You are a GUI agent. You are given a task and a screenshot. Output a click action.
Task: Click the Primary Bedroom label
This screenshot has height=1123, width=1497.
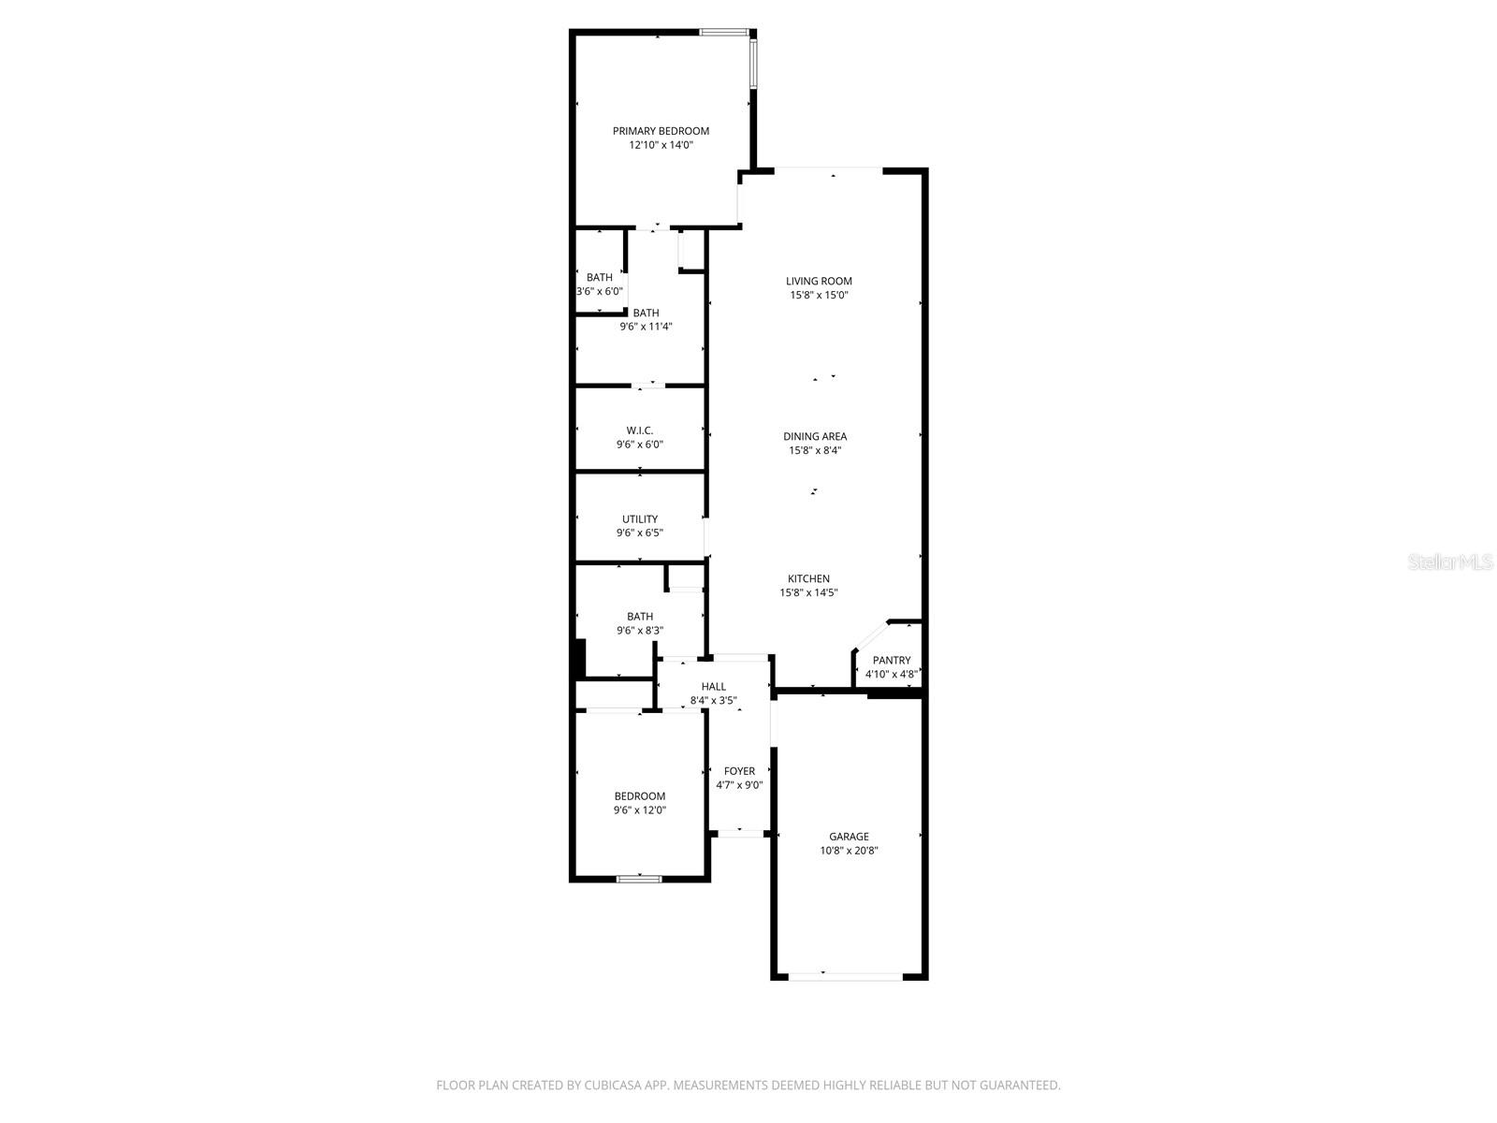point(661,131)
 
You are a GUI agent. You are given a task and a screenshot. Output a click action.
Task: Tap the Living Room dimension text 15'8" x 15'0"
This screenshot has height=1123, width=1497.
point(820,295)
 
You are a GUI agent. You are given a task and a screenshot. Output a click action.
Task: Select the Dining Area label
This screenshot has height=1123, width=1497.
point(815,436)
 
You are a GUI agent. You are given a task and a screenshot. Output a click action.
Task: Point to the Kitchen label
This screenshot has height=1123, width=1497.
point(808,578)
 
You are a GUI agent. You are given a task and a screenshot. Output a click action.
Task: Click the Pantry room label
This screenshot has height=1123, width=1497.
point(891,660)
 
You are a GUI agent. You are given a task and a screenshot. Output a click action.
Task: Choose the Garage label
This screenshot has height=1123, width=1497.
point(849,837)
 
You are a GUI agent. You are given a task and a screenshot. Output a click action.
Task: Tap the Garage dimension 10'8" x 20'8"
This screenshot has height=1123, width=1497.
point(849,851)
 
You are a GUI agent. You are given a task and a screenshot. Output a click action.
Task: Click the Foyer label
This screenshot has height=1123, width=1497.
point(739,771)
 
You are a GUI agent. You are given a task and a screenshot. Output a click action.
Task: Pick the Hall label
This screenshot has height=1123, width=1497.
point(714,686)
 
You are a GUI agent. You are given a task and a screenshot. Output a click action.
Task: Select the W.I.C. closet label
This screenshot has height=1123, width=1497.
point(640,430)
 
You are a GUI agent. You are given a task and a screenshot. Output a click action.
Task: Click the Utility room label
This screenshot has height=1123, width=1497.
point(640,518)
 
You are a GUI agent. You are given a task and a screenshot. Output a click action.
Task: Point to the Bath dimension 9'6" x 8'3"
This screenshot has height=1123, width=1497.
point(640,631)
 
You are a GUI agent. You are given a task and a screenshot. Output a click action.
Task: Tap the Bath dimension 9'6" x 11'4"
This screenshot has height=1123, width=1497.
point(646,327)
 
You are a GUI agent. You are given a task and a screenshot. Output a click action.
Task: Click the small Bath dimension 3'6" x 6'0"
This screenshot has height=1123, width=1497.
point(600,291)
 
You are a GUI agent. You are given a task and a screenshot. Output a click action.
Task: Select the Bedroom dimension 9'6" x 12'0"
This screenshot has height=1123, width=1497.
point(640,810)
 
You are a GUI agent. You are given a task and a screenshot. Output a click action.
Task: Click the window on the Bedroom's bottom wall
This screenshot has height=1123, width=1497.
point(639,879)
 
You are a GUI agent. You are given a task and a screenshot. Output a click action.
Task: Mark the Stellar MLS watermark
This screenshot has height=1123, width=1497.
point(1451,561)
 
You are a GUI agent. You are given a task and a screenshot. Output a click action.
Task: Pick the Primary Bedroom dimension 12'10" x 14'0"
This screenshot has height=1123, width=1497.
point(661,145)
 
